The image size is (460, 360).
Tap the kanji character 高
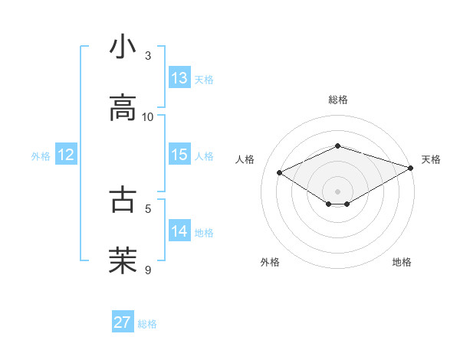123,108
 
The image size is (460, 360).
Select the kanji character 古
123,198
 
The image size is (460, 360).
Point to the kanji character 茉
123,260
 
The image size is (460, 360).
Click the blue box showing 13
179,78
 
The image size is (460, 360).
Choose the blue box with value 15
179,155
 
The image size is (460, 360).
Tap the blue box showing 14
179,231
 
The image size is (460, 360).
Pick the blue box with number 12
66,155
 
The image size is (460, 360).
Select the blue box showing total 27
123,322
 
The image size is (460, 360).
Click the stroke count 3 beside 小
148,56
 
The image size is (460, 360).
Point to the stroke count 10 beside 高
148,116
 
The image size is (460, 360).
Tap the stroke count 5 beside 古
148,207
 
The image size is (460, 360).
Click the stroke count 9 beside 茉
148,269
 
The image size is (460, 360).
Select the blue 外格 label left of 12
41,155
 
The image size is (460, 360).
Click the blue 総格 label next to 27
147,324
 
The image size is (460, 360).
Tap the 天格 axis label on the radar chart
431,159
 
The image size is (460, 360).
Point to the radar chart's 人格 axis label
245,159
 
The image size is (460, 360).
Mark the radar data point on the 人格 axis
280,172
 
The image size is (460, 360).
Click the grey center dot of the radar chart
337,190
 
